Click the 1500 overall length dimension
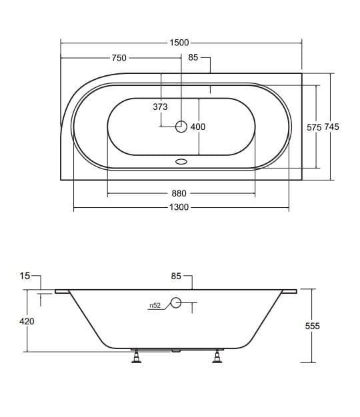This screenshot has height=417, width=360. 179,43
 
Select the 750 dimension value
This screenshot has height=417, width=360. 119,58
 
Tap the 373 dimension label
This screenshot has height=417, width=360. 160,107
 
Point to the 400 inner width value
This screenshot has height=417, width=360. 198,127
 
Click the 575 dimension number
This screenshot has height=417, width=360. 314,127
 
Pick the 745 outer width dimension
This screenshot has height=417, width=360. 331,127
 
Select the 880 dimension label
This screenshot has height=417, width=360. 179,193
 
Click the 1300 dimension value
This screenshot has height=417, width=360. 179,207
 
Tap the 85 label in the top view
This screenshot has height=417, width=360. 193,57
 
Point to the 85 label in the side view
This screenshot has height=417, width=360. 176,276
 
